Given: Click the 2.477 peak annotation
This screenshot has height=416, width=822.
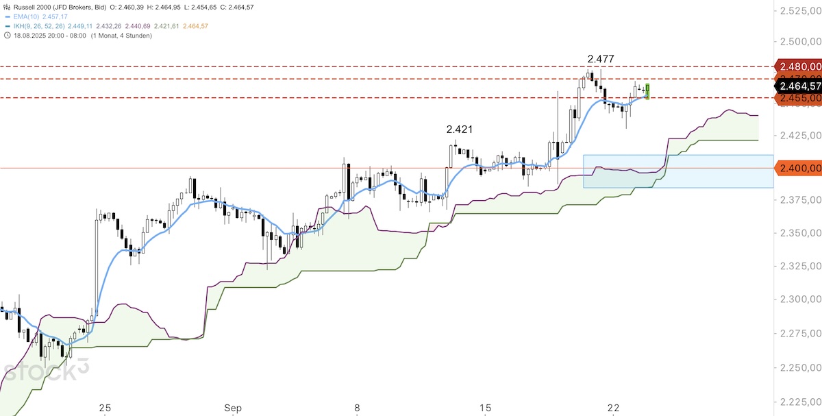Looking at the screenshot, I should point(600,59).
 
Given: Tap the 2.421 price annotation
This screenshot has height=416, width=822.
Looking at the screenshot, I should point(459,129).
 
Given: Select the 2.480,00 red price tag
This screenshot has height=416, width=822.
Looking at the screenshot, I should point(799,66).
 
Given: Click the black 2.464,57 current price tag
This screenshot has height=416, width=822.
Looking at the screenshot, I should point(799,86).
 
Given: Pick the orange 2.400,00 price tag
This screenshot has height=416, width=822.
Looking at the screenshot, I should point(799,168).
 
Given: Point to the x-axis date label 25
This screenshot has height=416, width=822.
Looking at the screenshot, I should point(104,408).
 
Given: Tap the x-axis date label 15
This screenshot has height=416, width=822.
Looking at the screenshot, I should point(485,408).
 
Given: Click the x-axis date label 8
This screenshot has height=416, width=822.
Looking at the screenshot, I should point(357,408).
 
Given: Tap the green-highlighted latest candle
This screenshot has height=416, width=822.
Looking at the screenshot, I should point(647,90).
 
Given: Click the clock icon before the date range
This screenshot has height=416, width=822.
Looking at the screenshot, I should point(7,36).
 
